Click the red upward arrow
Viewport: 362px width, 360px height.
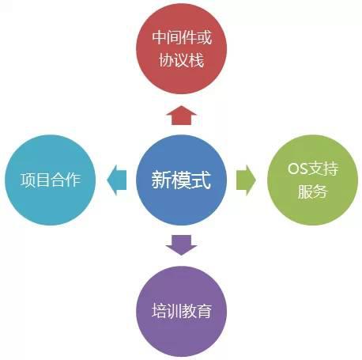[181, 116]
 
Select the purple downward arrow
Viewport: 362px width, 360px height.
[181, 245]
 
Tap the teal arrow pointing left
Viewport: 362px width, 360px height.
[117, 180]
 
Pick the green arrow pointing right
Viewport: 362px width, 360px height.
[246, 180]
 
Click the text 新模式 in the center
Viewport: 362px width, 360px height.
[181, 180]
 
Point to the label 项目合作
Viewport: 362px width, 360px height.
[51, 180]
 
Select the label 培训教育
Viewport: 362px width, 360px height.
[182, 310]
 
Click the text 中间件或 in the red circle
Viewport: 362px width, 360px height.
[182, 37]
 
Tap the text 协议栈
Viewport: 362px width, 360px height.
[181, 60]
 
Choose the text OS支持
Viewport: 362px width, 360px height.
[313, 169]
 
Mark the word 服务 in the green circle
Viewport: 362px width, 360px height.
[312, 191]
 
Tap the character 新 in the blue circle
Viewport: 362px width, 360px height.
[161, 180]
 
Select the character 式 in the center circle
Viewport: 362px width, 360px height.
[202, 180]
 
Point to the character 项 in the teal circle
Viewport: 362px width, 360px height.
[28, 180]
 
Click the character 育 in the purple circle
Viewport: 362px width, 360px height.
[205, 311]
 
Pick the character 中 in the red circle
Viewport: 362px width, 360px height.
[160, 37]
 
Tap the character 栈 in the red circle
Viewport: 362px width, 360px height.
[197, 60]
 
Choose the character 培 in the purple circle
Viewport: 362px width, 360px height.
[159, 311]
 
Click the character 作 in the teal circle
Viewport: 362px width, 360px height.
[74, 180]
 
